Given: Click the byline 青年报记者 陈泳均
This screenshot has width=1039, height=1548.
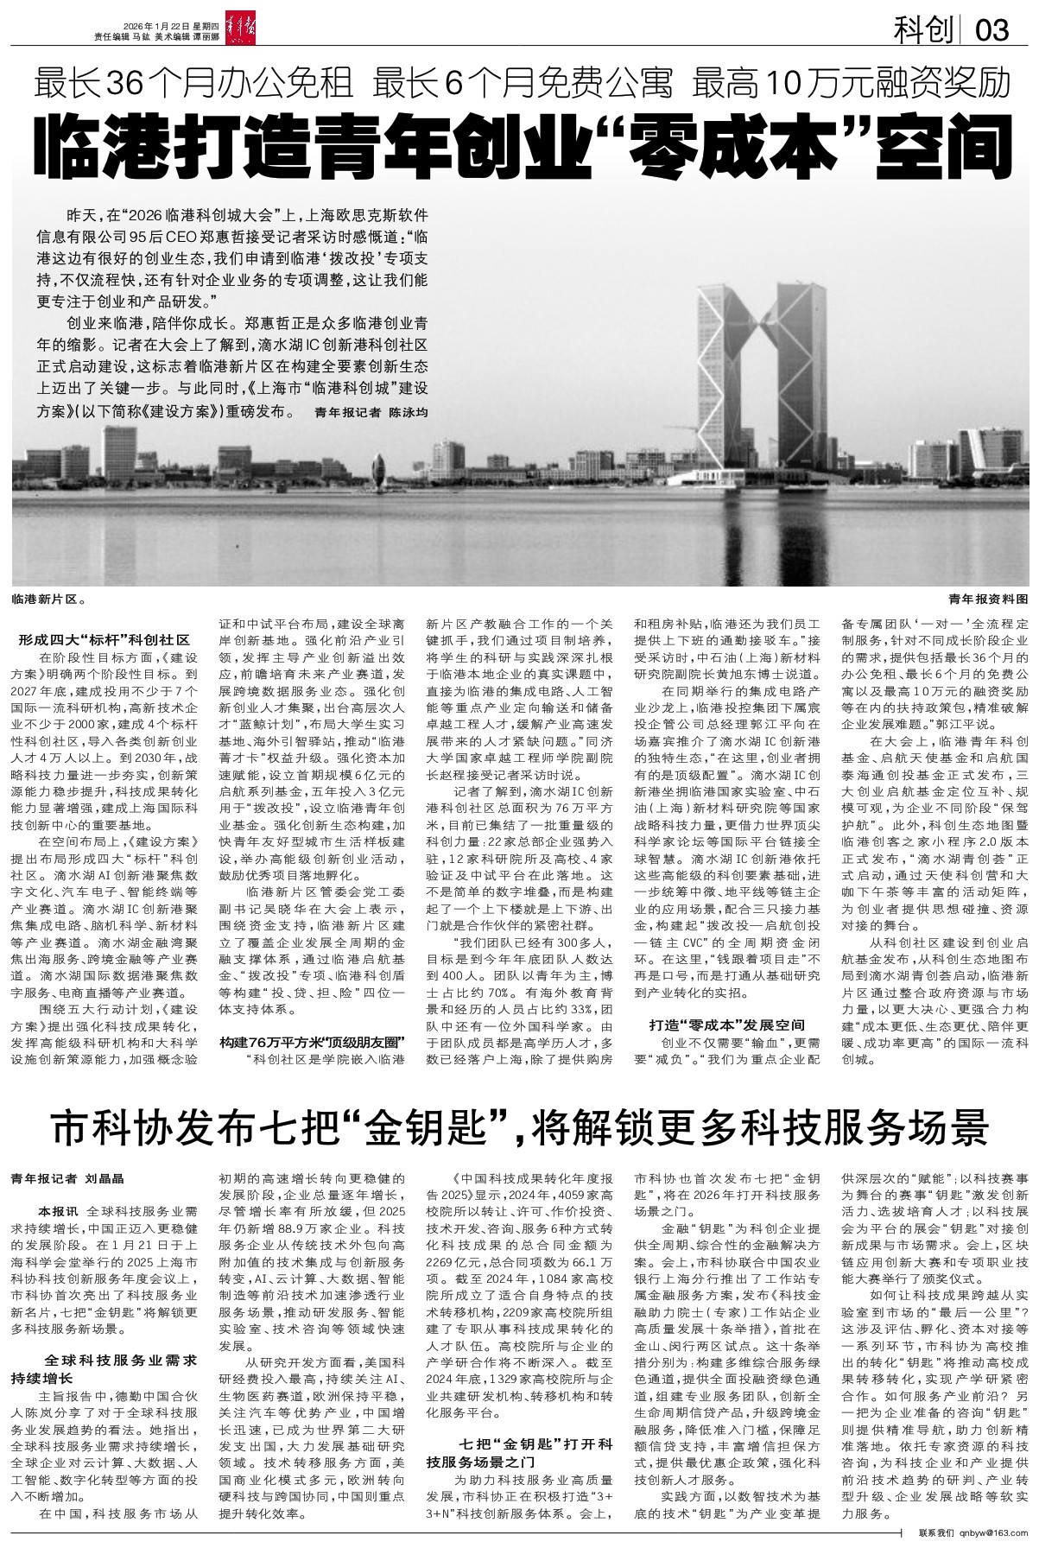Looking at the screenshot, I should pos(371,413).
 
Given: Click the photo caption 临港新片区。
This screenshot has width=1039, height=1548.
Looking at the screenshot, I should pos(48,598).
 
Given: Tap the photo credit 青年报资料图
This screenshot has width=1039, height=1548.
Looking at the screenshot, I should pos(988,598).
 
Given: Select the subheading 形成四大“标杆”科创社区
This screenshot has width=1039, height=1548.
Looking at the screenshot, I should pos(104,641).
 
